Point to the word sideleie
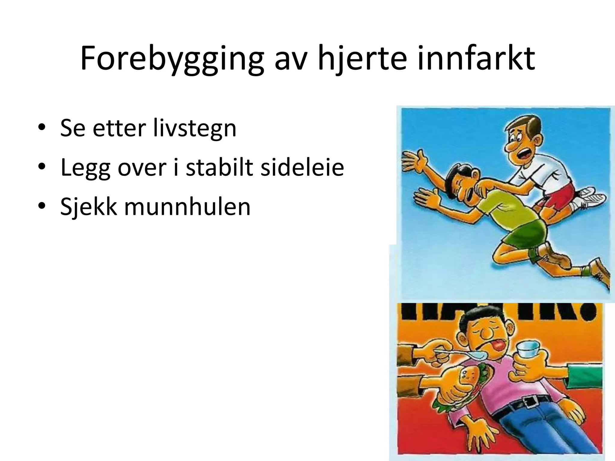click(x=302, y=167)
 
